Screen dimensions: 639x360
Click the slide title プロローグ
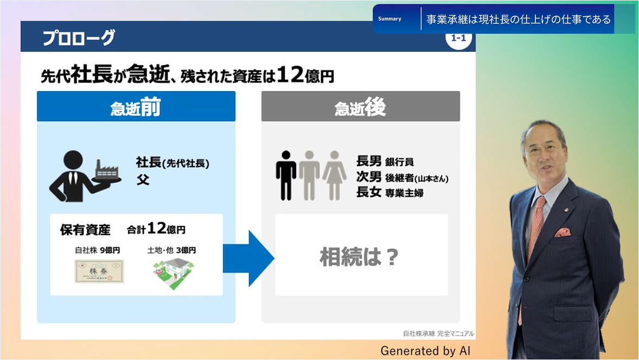tap(79, 37)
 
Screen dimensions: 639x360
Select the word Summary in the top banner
tap(389, 19)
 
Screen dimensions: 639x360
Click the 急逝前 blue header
tap(136, 106)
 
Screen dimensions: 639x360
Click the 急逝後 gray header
tap(361, 106)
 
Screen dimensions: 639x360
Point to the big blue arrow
tap(248, 258)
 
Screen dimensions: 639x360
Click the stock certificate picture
tap(99, 271)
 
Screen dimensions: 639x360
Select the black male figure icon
tap(286, 176)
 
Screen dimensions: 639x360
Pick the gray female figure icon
tap(335, 176)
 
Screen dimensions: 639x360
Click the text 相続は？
tap(359, 256)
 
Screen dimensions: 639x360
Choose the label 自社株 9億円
tap(98, 250)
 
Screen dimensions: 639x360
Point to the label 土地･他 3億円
tap(171, 250)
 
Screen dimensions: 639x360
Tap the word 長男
tap(369, 161)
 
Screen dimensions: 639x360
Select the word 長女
tap(369, 191)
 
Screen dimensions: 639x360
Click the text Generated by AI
tap(425, 351)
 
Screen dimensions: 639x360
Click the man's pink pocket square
tap(563, 232)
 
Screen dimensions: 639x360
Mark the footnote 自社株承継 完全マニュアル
tap(438, 333)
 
